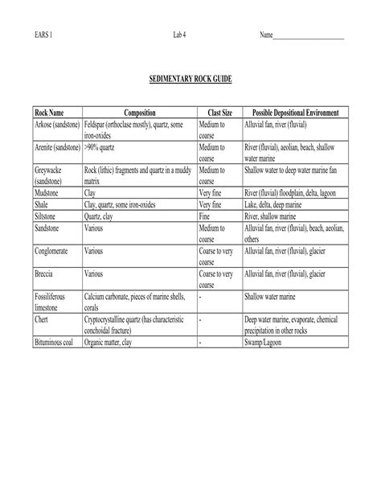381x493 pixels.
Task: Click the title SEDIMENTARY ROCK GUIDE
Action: click(x=190, y=81)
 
